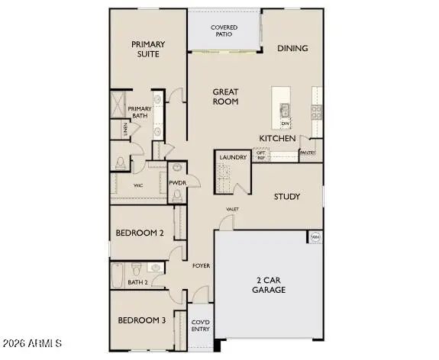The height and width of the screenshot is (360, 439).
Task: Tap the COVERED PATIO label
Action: click(x=224, y=31)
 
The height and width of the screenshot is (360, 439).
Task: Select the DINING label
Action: click(x=292, y=48)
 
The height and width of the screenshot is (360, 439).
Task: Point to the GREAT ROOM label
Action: click(x=225, y=96)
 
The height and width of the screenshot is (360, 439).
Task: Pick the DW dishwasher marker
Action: click(x=285, y=123)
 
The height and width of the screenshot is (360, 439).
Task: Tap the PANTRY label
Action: click(x=308, y=153)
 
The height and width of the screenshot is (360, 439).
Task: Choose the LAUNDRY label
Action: click(x=233, y=157)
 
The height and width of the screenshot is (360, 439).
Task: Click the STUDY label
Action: click(x=286, y=196)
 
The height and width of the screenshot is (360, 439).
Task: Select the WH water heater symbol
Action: click(x=315, y=237)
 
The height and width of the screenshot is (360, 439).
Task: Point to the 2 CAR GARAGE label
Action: click(x=270, y=285)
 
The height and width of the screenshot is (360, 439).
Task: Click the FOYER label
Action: click(x=201, y=265)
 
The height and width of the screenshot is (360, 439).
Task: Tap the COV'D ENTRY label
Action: click(x=201, y=326)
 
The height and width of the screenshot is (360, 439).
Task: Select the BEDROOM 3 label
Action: click(x=141, y=320)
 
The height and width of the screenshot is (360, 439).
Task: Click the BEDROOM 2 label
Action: click(x=140, y=233)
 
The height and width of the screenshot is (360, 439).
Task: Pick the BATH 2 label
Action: click(x=137, y=282)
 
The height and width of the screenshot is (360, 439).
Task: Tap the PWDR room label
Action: click(x=177, y=183)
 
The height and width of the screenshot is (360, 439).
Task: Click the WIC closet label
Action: click(x=138, y=185)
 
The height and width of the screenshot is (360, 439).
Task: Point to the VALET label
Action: click(x=232, y=208)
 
